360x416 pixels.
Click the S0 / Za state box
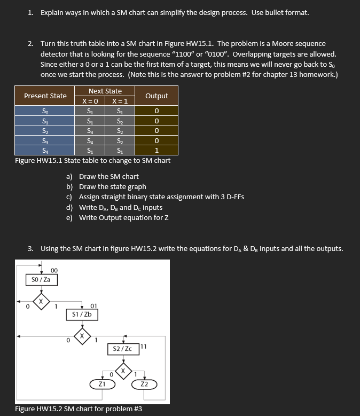(41, 279)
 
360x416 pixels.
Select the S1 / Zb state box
(82, 315)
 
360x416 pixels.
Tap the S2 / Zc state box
(123, 349)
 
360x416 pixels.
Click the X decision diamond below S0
(41, 301)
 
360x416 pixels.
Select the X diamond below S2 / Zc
(123, 370)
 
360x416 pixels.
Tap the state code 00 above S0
(54, 270)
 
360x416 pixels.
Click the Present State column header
(45, 96)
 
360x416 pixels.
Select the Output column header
(156, 96)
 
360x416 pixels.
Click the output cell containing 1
(156, 150)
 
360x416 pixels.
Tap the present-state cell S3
(45, 140)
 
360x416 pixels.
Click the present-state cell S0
(45, 111)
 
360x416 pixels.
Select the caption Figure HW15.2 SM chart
(79, 410)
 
